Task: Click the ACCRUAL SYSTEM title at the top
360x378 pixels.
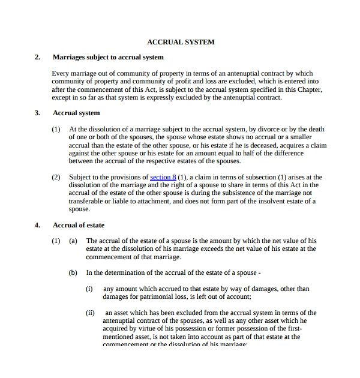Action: point(181,42)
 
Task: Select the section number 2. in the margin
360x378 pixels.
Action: point(37,58)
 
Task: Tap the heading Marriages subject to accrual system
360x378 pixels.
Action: point(108,58)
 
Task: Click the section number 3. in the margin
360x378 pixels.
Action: point(37,113)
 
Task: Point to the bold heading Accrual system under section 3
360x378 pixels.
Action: point(76,113)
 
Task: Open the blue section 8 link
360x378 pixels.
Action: point(163,178)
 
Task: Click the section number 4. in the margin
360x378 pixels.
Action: point(37,226)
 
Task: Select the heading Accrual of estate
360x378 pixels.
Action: point(79,226)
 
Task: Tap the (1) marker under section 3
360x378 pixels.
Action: point(56,129)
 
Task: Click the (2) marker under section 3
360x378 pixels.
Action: point(56,178)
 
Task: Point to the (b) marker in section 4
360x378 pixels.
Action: point(73,272)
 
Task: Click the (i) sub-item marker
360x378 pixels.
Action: point(89,289)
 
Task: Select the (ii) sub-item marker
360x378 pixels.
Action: point(91,313)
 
